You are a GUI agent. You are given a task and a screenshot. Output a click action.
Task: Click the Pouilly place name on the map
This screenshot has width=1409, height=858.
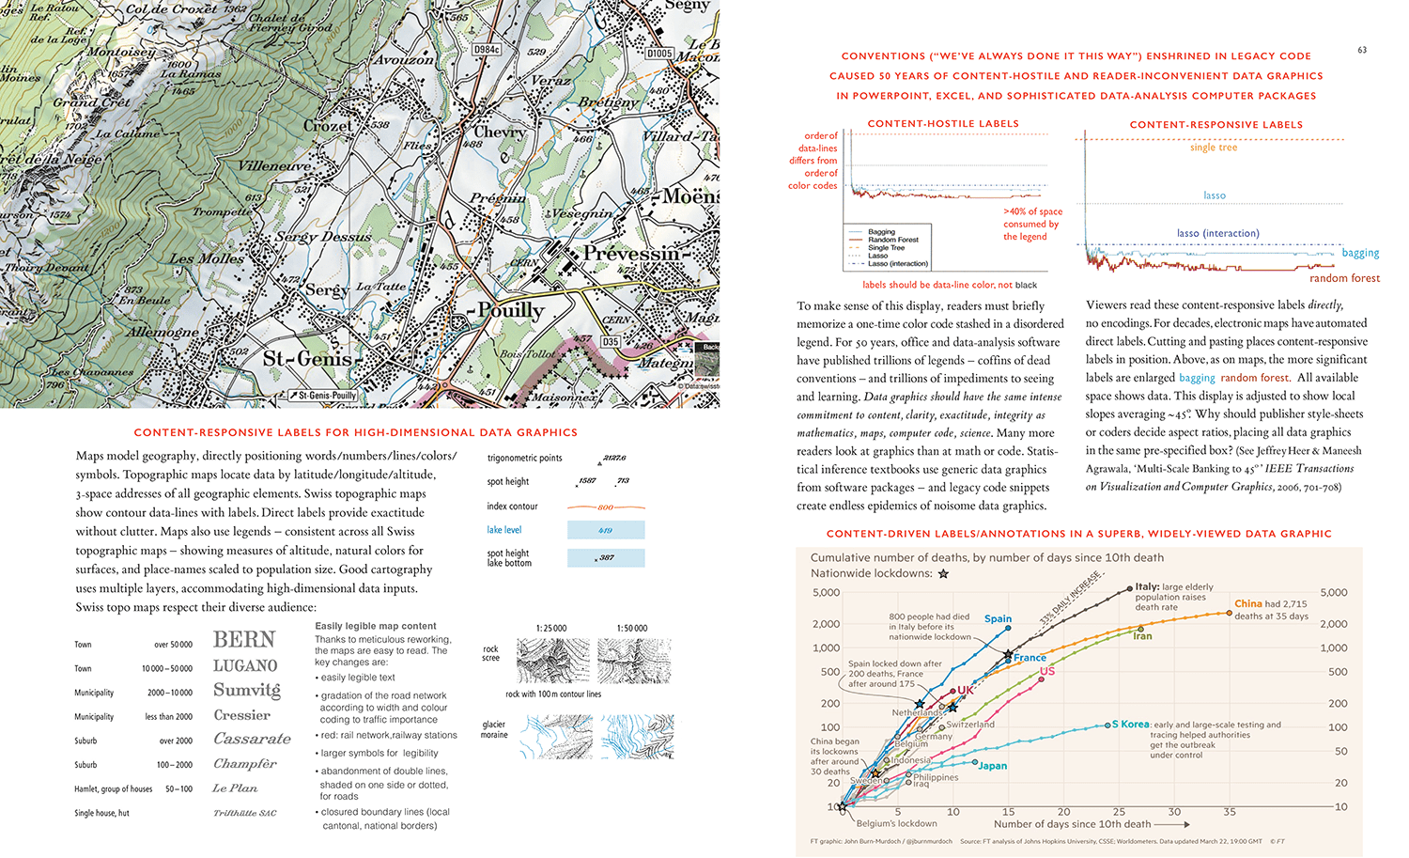tap(511, 310)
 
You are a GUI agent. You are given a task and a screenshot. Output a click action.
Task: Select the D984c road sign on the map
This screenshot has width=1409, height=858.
tap(487, 50)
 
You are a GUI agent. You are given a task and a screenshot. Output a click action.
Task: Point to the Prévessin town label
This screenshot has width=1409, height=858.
tap(630, 254)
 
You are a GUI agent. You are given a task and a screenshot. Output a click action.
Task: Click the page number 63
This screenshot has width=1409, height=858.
tap(1362, 50)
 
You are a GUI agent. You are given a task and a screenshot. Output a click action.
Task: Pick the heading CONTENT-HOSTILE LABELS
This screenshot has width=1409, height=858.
tap(943, 123)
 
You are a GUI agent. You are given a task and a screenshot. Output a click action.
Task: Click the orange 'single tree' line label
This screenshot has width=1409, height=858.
tap(1214, 148)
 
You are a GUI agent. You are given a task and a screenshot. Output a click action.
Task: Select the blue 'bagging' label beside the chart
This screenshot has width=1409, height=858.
tap(1360, 253)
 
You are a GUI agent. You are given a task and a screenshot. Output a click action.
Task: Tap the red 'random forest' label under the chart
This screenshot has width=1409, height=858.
tap(1344, 278)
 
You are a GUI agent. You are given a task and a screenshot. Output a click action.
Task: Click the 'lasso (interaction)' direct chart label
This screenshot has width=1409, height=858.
tap(1217, 233)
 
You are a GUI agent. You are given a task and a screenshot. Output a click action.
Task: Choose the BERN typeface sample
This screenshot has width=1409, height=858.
tap(244, 640)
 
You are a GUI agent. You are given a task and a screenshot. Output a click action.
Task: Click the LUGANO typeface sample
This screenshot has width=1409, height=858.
tap(245, 666)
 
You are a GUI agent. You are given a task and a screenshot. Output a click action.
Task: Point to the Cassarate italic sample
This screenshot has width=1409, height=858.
tap(252, 739)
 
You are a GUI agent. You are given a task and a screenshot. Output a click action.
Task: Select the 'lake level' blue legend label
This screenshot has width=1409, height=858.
tap(504, 530)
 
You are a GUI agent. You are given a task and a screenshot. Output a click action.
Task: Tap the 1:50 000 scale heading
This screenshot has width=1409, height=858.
tap(632, 628)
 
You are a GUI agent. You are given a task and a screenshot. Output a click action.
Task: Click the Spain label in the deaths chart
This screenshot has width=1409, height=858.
tap(998, 618)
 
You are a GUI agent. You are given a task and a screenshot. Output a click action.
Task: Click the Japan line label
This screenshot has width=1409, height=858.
tap(992, 766)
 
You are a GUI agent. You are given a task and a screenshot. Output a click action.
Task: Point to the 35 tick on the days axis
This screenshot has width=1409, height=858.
tap(1230, 812)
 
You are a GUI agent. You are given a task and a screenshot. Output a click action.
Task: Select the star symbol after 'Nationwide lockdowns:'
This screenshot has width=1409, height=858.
tap(943, 573)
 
